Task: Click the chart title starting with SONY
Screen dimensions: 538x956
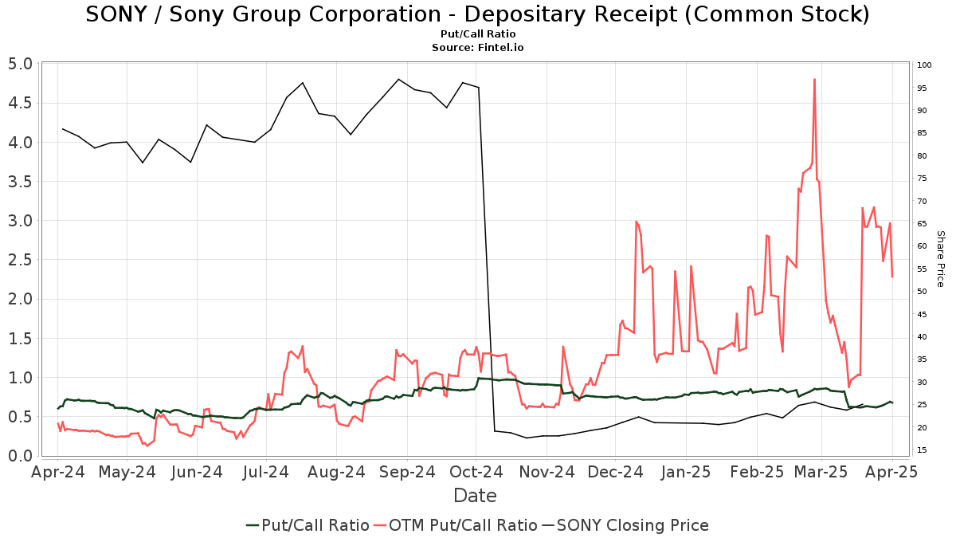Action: tap(477, 14)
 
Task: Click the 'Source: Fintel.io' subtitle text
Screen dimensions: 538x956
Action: tap(477, 48)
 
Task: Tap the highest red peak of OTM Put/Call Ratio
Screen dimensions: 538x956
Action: tap(814, 79)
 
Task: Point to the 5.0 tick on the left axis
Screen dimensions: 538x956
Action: tap(21, 64)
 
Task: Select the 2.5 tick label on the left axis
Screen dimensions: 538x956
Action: tap(21, 260)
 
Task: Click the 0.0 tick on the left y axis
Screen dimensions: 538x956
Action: tap(21, 456)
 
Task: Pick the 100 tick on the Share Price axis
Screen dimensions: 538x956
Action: tap(925, 65)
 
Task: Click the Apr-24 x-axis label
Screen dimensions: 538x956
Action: tap(57, 472)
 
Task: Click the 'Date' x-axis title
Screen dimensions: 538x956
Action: tap(475, 496)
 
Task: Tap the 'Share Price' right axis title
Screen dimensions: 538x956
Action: tap(940, 259)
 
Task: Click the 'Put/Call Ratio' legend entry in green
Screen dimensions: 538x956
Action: tap(308, 525)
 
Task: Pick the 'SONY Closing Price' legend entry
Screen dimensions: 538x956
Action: tap(625, 525)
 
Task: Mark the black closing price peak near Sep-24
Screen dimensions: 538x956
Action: tap(398, 79)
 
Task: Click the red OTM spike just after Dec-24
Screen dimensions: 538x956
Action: tap(636, 222)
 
